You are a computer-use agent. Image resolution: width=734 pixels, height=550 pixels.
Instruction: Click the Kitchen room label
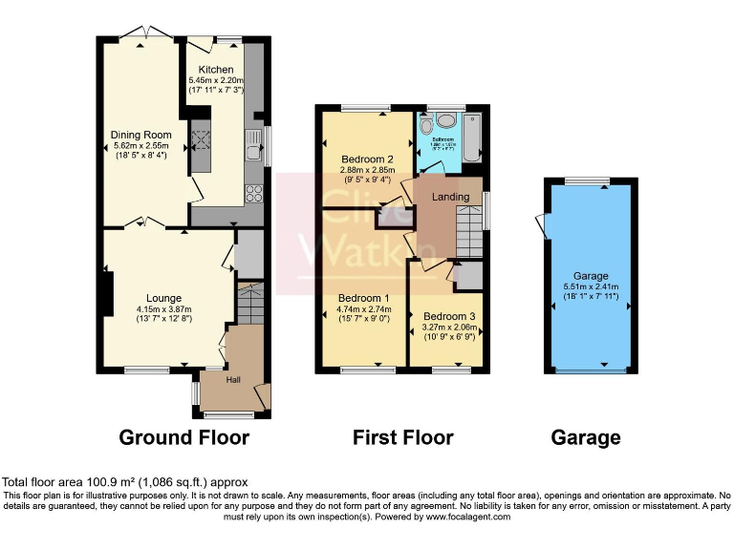point(215,70)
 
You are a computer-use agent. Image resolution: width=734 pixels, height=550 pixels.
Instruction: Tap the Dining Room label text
point(140,135)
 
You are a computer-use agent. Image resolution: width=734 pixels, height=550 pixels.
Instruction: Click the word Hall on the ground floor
point(233,380)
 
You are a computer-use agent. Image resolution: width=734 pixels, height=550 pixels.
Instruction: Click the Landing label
point(451,197)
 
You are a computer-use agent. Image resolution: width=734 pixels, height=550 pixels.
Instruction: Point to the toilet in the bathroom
point(426,123)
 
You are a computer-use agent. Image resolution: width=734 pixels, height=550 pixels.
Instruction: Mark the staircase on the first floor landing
point(467,233)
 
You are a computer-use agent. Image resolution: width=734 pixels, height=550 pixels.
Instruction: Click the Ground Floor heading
point(183,438)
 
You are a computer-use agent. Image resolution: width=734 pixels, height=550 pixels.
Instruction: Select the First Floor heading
point(402,438)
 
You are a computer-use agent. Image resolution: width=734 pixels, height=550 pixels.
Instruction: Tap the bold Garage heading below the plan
point(586,438)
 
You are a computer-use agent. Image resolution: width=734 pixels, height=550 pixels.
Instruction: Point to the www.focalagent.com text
point(467,517)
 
